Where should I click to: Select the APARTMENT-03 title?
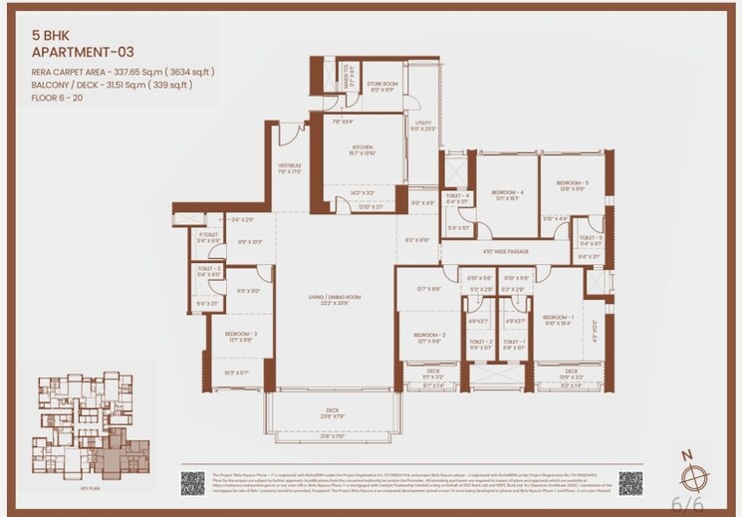click(82, 51)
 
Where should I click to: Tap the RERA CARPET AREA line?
click(123, 72)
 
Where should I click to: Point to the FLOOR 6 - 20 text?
click(57, 98)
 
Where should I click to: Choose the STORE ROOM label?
click(382, 85)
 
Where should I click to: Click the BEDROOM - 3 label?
click(241, 335)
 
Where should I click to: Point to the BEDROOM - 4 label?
click(507, 191)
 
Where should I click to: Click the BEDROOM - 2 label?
click(429, 336)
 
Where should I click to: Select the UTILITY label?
click(423, 123)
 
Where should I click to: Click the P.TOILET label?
click(207, 235)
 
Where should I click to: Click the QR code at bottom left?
click(193, 482)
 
